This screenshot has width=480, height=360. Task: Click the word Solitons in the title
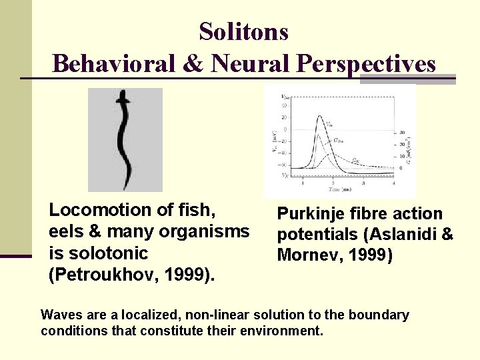pyautogui.click(x=243, y=31)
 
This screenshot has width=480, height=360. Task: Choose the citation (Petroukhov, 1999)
pyautogui.click(x=132, y=275)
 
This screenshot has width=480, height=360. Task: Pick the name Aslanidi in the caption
pyautogui.click(x=411, y=235)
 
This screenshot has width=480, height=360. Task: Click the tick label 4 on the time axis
pyautogui.click(x=395, y=183)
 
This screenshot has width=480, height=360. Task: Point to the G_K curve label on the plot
pyautogui.click(x=357, y=161)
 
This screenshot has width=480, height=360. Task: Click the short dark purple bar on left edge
pyautogui.click(x=16, y=256)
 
